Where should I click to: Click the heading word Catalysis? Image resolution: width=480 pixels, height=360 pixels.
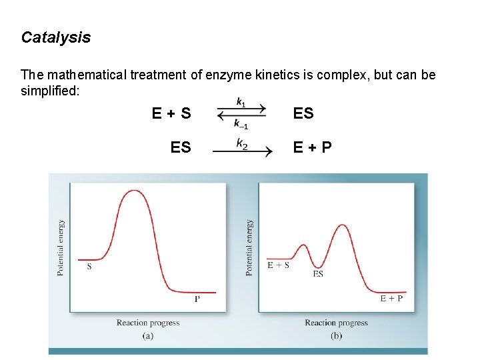[x=56, y=37]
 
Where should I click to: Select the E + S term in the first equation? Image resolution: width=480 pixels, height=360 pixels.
[x=171, y=113]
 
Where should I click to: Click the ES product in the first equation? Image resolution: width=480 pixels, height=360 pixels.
[x=303, y=113]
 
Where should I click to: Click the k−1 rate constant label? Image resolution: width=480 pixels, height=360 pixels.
[x=241, y=124]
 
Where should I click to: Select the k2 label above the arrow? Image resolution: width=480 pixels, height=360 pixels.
[x=242, y=142]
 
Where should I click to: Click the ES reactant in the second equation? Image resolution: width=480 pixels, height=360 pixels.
[x=180, y=147]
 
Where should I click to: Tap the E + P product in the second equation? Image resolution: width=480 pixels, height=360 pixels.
[x=313, y=147]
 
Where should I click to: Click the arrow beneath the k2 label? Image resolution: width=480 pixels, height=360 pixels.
[x=242, y=153]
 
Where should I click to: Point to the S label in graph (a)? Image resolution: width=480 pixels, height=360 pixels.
[x=89, y=266]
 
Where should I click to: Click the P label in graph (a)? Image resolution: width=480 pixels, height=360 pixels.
[x=197, y=299]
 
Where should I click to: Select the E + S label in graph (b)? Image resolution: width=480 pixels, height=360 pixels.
[x=279, y=265]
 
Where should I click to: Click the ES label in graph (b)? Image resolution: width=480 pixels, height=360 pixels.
[x=318, y=273]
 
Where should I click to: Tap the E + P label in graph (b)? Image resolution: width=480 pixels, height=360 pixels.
[x=391, y=298]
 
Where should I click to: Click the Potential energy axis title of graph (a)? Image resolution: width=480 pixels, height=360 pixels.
[x=61, y=247]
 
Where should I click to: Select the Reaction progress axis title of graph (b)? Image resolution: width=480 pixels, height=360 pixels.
[x=336, y=323]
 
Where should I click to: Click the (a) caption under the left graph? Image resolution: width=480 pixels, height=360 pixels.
[x=148, y=335]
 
